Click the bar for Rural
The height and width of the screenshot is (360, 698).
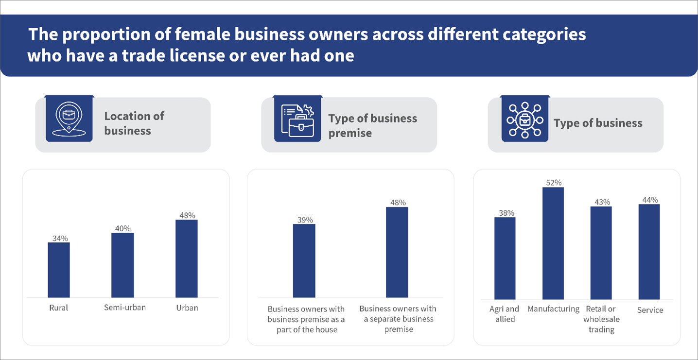point(59,270)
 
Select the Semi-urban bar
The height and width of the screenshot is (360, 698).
point(122,265)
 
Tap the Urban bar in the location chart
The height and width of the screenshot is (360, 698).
point(187,258)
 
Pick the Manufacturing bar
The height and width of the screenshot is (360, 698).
point(553,243)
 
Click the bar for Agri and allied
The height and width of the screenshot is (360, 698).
point(505,258)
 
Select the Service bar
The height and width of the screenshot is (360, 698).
point(649,252)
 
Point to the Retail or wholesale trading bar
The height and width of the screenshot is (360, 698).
point(601,253)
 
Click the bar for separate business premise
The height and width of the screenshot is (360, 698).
point(397,252)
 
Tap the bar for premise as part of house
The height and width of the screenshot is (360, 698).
point(304,260)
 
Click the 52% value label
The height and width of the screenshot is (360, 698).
point(554,183)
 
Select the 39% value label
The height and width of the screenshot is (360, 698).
point(305,220)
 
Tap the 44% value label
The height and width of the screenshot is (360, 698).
point(650,200)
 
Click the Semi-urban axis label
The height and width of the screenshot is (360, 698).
point(125,308)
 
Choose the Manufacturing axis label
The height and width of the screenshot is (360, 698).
point(554,309)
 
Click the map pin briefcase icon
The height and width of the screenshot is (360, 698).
point(69,119)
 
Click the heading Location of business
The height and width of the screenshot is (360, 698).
point(134,123)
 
